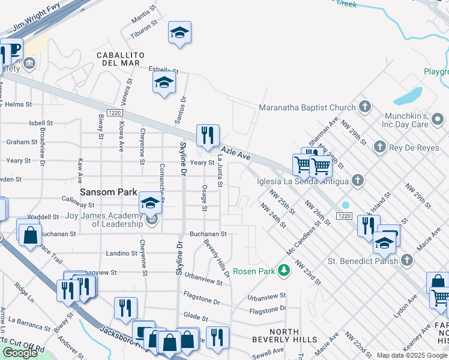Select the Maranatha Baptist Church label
tap(307, 108)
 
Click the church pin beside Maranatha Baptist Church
tap(364, 108)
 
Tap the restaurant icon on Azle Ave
tap(208, 136)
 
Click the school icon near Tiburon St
tap(179, 33)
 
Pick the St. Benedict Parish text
tap(363, 260)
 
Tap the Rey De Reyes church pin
tap(379, 146)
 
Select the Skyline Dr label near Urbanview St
tap(179, 258)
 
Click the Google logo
tap(19, 353)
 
